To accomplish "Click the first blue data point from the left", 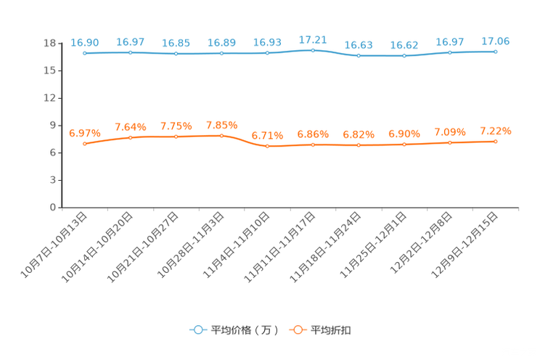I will [x=86, y=53].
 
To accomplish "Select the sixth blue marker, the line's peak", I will [x=313, y=50].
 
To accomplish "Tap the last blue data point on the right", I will [x=495, y=52].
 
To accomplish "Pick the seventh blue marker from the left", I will [x=359, y=55].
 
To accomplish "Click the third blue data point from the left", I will [x=176, y=54].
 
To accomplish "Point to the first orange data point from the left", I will [x=85, y=144].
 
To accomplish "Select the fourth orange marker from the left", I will [x=222, y=135].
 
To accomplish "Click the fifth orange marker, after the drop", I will [x=268, y=146].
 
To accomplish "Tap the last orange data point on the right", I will [x=495, y=142].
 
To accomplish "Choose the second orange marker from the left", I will [x=131, y=137].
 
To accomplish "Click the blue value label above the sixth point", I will [x=314, y=39].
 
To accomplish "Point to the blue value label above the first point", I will [x=85, y=43].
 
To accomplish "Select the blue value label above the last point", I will [x=495, y=41].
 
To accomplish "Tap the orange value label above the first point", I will [x=84, y=133].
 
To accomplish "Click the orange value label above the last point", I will [x=495, y=131].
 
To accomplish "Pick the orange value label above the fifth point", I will [x=267, y=135].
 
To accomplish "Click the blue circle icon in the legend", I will [x=197, y=330].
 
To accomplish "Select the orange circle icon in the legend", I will [x=297, y=330].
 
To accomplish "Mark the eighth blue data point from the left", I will [x=404, y=55].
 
